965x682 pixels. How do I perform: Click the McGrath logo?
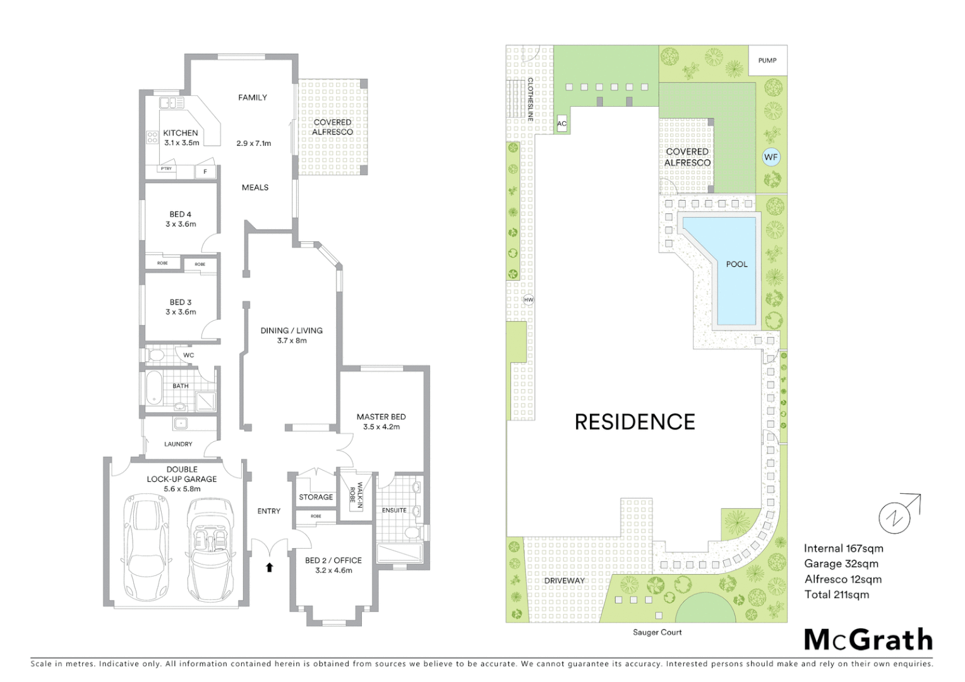(868, 640)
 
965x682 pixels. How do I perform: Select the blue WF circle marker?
(770, 157)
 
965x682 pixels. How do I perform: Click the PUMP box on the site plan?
(767, 61)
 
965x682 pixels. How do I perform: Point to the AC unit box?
(561, 124)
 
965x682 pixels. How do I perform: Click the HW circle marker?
(529, 300)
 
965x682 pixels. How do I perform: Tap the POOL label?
(736, 265)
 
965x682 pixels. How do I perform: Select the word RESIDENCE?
(635, 422)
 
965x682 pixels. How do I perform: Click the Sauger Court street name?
(657, 632)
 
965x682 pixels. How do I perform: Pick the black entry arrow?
(270, 567)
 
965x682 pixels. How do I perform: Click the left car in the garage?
(146, 549)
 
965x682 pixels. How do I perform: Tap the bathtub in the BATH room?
(153, 388)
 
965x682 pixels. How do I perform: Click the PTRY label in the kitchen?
(166, 169)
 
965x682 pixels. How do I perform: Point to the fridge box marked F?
(205, 172)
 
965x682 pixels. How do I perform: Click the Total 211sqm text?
(836, 594)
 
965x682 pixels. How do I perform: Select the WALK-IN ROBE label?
(356, 496)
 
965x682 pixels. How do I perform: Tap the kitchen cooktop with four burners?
(152, 137)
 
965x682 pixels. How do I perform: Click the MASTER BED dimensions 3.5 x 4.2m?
(381, 427)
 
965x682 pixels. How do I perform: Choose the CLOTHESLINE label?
(530, 99)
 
